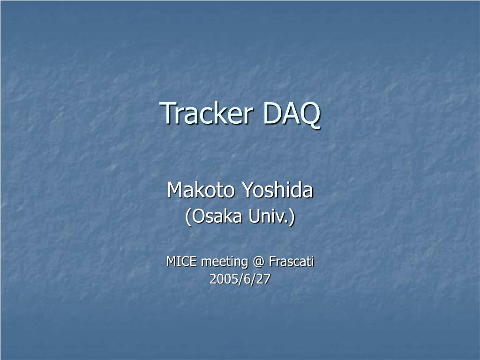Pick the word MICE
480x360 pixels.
[x=182, y=262]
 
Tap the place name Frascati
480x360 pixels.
[x=291, y=262]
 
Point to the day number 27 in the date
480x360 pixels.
[x=264, y=279]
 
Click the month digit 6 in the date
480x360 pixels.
[x=246, y=279]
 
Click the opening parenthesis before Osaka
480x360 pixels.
[x=187, y=217]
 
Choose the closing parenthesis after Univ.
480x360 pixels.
[x=293, y=217]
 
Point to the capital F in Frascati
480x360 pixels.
[x=272, y=262]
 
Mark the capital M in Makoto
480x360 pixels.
[x=175, y=190]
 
